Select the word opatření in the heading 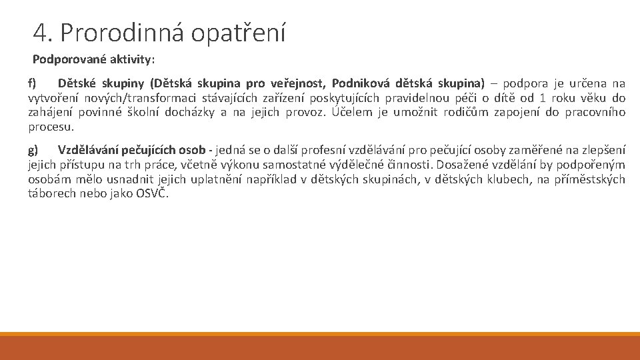click(x=239, y=32)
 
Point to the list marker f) click(x=32, y=83)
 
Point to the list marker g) click(x=33, y=149)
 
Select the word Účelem click(x=353, y=112)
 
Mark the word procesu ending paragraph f click(x=50, y=127)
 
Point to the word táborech click(x=50, y=193)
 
